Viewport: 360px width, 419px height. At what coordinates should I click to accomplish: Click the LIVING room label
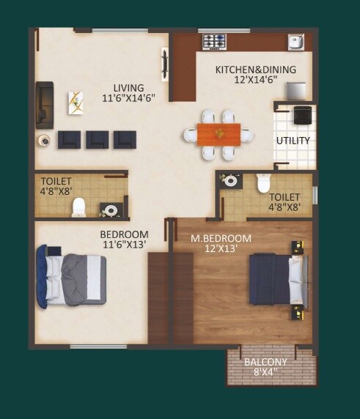(128, 88)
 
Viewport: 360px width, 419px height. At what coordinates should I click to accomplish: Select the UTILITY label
(293, 140)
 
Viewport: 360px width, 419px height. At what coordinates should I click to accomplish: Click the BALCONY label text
(271, 362)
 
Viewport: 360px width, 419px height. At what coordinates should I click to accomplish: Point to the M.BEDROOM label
(221, 238)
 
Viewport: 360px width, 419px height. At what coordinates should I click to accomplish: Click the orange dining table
(218, 133)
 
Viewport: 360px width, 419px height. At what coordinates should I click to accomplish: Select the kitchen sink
(296, 41)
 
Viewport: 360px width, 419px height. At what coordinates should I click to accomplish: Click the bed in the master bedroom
(275, 279)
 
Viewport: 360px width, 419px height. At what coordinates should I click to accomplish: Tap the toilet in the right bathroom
(263, 182)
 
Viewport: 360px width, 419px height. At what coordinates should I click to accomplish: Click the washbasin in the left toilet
(110, 210)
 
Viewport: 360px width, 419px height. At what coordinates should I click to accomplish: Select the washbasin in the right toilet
(232, 180)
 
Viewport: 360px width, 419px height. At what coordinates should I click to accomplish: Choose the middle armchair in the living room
(97, 138)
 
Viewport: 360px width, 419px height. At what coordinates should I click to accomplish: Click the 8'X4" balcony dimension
(271, 371)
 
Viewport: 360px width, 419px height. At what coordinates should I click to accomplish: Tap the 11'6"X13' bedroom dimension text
(124, 245)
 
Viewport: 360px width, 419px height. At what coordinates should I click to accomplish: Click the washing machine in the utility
(302, 115)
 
